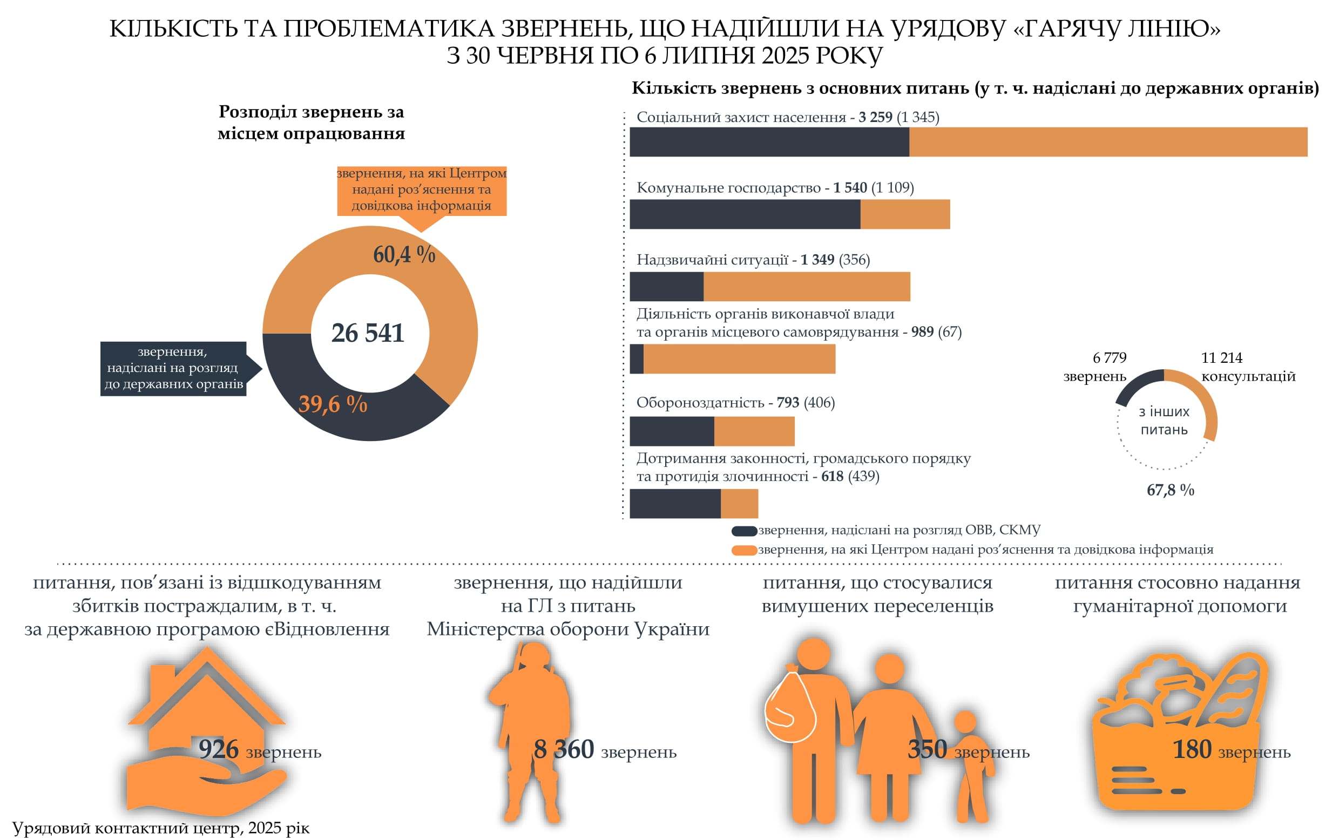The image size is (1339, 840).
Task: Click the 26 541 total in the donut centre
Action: click(367, 333)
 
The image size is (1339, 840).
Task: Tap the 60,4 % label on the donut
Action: click(404, 254)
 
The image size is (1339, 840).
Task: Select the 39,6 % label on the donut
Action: click(333, 404)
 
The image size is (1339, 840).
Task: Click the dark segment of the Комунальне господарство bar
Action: click(745, 214)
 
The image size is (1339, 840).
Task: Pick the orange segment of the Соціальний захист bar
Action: click(1107, 141)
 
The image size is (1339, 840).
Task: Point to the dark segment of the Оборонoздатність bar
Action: click(672, 431)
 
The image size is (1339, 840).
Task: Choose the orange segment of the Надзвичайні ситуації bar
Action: click(806, 286)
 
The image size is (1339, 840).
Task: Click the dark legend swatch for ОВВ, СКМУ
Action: click(744, 531)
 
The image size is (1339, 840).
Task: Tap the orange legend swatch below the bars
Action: click(744, 550)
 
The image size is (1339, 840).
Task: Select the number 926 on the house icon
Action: click(218, 749)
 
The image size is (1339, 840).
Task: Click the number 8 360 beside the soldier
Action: click(563, 749)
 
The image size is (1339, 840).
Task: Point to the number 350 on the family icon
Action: click(927, 749)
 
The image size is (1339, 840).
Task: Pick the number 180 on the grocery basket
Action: click(1191, 749)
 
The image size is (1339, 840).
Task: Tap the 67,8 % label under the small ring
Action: click(1170, 490)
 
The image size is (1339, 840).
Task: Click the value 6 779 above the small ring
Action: click(1109, 357)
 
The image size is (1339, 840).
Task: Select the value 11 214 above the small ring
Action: click(1221, 357)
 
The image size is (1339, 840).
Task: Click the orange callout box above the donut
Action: click(421, 189)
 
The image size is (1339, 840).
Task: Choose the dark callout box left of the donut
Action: click(173, 368)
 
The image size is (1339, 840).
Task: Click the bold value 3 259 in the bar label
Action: click(875, 117)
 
